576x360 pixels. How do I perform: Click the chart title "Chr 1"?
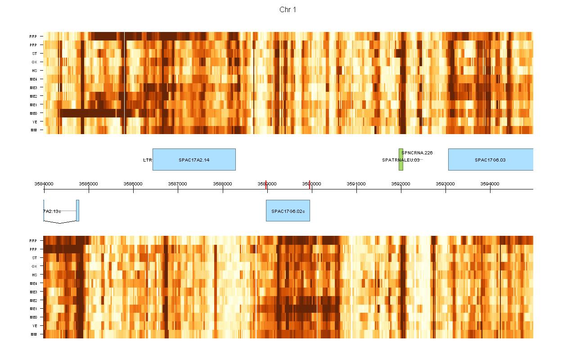288,10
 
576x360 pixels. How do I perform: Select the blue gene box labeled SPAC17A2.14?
194,159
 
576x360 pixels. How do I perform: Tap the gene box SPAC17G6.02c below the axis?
288,211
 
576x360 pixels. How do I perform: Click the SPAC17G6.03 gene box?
490,159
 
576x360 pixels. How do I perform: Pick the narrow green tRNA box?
400,159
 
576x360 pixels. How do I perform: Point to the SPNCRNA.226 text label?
417,153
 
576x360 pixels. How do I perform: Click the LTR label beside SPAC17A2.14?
147,160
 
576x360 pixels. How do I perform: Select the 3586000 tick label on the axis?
133,184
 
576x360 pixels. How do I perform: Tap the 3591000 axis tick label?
356,184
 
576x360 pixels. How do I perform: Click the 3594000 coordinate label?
490,184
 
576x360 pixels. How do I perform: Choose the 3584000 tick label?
44,184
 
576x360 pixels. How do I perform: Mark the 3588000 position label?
222,184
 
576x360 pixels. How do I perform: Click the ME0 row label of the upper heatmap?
34,113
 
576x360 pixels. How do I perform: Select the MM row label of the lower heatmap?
34,334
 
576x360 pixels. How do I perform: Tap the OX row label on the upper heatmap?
34,62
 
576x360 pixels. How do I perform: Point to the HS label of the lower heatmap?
34,275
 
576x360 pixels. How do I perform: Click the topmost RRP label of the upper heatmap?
33,36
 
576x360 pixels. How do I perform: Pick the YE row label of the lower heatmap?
34,326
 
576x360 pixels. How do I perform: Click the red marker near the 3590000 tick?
310,183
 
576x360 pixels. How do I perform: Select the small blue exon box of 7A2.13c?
77,211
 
